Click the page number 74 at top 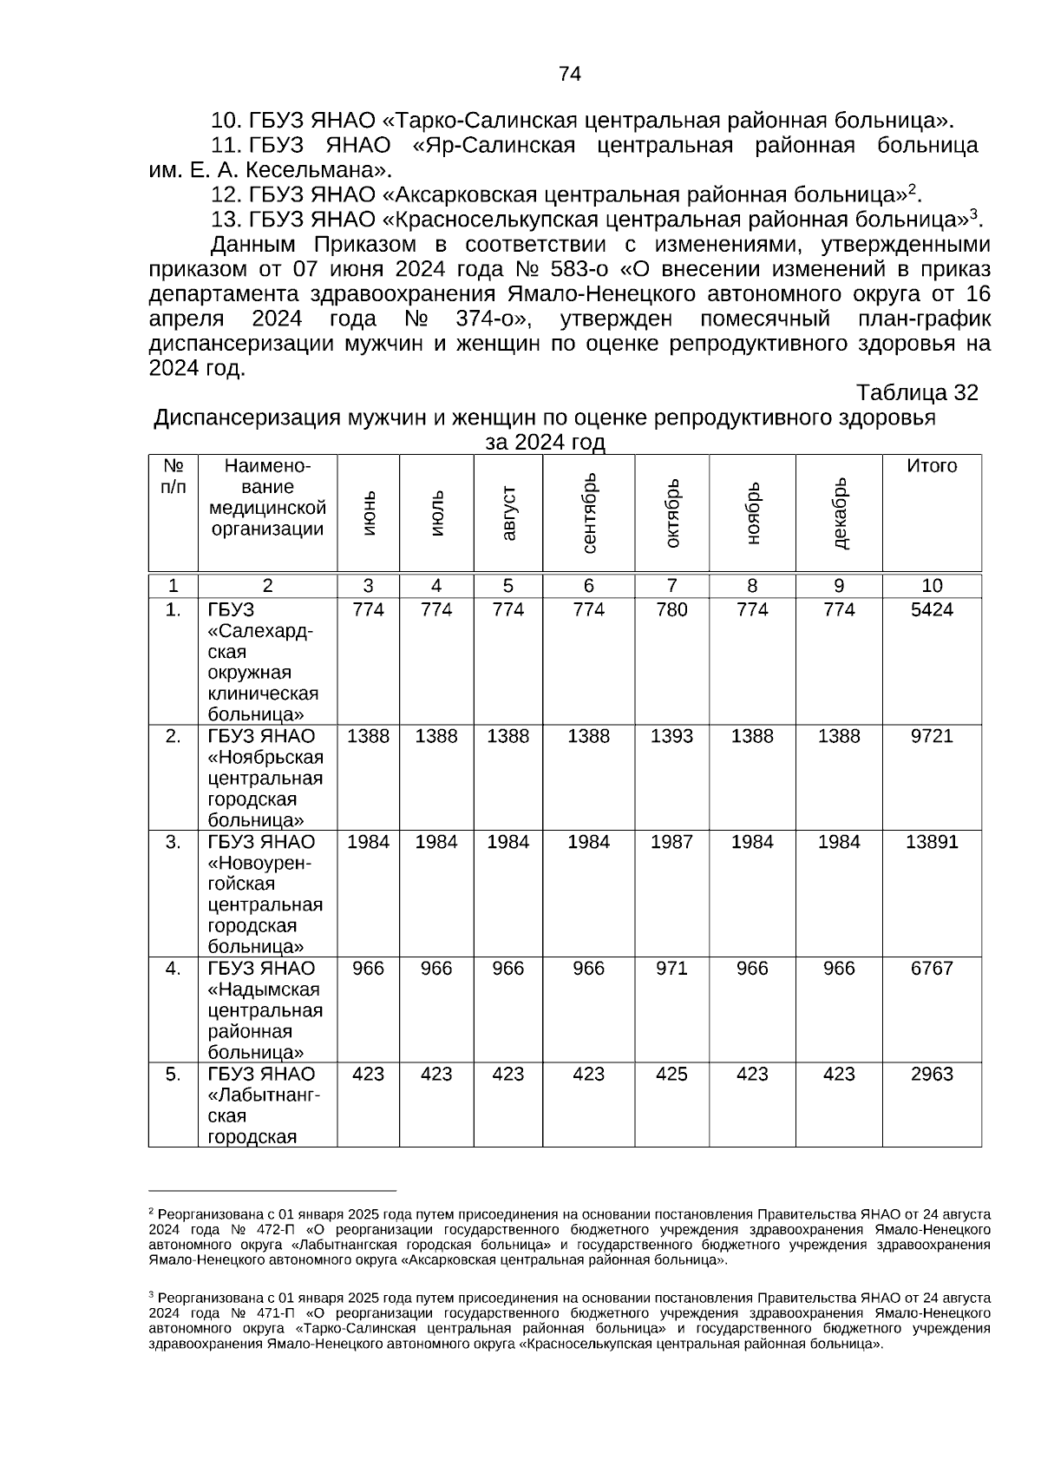coord(569,74)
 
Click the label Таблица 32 coord(917,393)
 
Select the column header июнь coord(370,514)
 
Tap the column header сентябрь coord(589,514)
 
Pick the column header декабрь coord(840,514)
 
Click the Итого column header coord(932,466)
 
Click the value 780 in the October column coord(671,610)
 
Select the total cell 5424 coord(932,610)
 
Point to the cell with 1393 coord(671,737)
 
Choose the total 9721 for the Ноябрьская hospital coord(932,737)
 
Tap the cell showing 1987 coord(671,842)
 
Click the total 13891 coord(932,842)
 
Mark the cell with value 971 coord(671,969)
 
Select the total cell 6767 coord(932,969)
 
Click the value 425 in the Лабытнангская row coord(671,1075)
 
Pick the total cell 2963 coord(932,1075)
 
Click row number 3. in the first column coord(173,842)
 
